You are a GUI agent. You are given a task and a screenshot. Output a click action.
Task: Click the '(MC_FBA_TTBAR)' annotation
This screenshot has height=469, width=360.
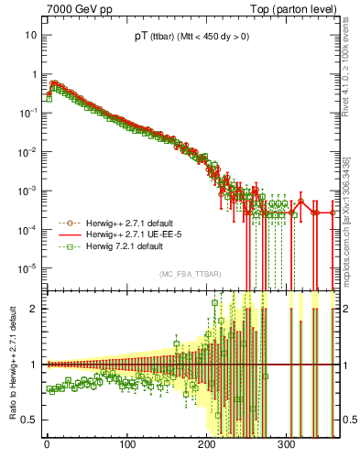click(190, 275)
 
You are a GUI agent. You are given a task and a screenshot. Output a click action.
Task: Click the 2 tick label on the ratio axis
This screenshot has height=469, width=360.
click(33, 309)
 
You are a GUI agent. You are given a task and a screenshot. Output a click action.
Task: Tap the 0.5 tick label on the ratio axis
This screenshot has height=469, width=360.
click(29, 420)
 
